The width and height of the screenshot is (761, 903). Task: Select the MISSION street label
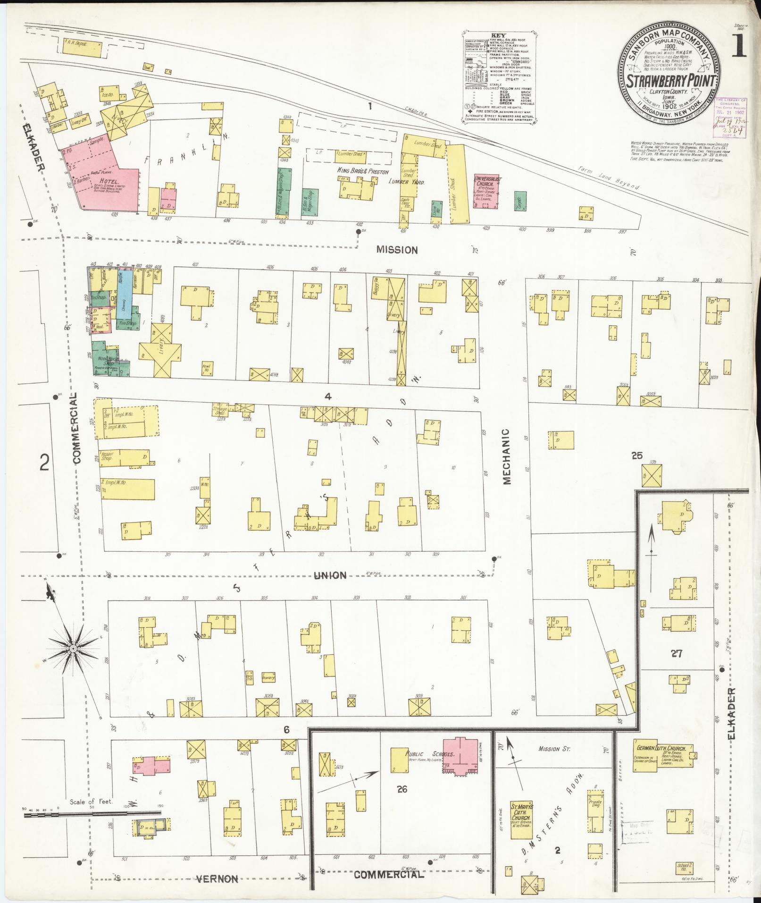pos(397,250)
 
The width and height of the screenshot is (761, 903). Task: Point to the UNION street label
pos(330,575)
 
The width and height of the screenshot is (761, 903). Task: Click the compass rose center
pos(74,650)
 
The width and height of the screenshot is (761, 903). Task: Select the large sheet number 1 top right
pos(740,45)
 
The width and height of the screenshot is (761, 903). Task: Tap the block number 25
pos(637,456)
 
